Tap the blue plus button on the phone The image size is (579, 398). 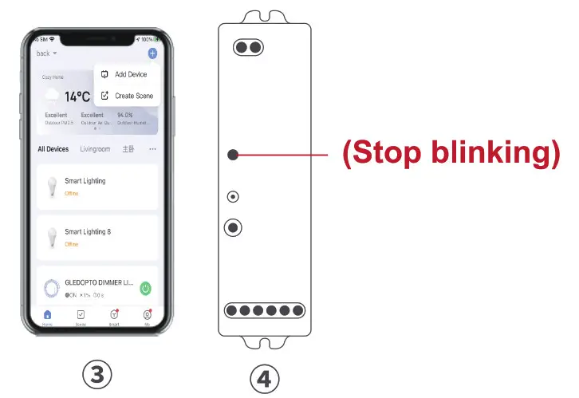tap(152, 53)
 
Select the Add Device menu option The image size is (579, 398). tap(130, 74)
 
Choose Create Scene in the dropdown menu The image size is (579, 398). tap(133, 96)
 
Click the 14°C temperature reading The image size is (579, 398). tap(77, 97)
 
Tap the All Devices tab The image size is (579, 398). tap(53, 149)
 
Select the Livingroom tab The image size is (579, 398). tap(95, 149)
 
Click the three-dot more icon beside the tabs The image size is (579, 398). tap(152, 149)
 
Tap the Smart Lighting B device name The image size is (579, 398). tap(88, 231)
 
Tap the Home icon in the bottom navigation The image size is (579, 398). tap(47, 317)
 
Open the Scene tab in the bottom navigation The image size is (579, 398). tap(81, 317)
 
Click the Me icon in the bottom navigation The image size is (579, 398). tap(147, 317)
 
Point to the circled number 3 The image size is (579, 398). tap(97, 374)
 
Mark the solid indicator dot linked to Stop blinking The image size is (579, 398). tap(232, 155)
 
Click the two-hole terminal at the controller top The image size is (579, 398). tap(248, 48)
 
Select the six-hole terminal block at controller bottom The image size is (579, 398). tap(265, 310)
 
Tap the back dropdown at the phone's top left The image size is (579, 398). tap(47, 53)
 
